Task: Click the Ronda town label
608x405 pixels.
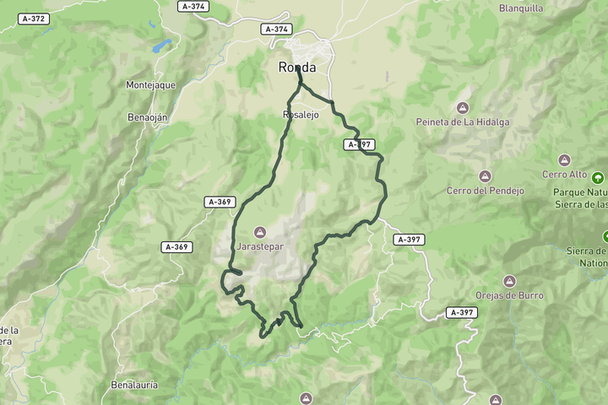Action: point(297,67)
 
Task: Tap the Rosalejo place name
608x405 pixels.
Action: point(300,115)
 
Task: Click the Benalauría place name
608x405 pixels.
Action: point(134,385)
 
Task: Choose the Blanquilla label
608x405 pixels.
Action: point(521,8)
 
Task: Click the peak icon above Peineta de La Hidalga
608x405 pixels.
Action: point(462,107)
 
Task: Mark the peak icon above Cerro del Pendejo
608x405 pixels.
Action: point(485,176)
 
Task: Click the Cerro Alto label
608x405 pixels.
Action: point(564,174)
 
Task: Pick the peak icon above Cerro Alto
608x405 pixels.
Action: point(564,159)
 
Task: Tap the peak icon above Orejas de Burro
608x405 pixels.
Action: point(508,281)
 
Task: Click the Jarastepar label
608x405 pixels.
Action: point(260,246)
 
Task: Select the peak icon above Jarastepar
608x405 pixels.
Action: point(260,232)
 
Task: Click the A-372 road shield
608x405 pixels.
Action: point(34,18)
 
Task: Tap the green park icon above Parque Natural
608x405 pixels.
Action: point(599,177)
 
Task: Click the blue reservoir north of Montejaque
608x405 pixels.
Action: point(161,45)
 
